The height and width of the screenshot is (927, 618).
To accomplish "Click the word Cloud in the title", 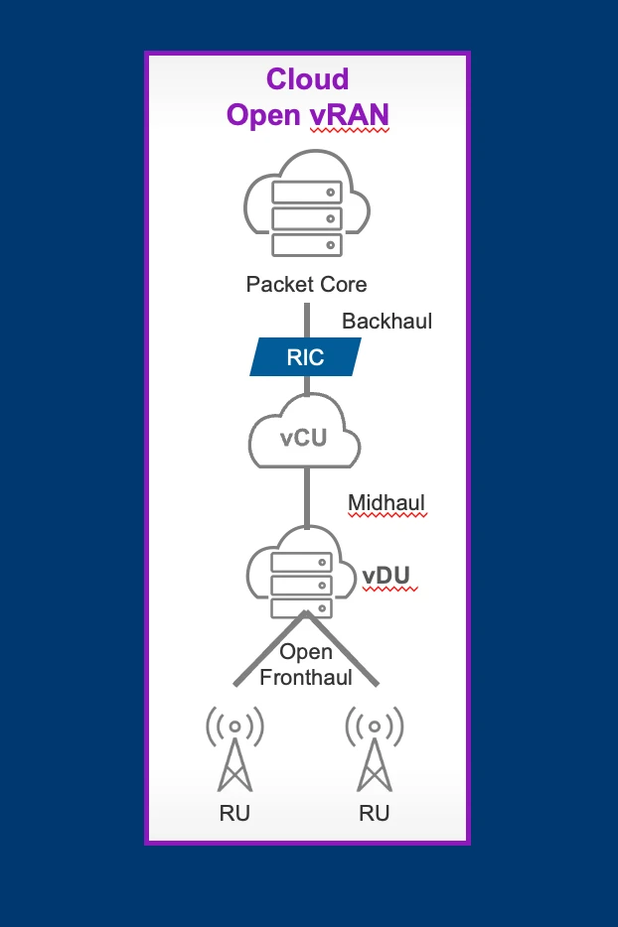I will tap(307, 79).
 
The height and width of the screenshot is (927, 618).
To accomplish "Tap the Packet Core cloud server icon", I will tap(306, 203).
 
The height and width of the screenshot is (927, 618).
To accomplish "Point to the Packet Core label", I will tap(306, 285).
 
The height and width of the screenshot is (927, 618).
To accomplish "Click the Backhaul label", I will tap(386, 322).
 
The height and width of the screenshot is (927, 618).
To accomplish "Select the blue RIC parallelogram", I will tap(305, 357).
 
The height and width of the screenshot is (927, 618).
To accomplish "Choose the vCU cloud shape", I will tap(304, 434).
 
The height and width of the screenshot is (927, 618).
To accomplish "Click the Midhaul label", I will tap(386, 504).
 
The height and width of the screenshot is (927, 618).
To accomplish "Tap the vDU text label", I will tap(386, 577).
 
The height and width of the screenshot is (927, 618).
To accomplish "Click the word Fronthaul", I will tap(306, 678).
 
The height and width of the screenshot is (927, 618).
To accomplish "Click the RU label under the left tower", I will tap(234, 814).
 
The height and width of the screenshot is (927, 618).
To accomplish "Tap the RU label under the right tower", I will tap(374, 814).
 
